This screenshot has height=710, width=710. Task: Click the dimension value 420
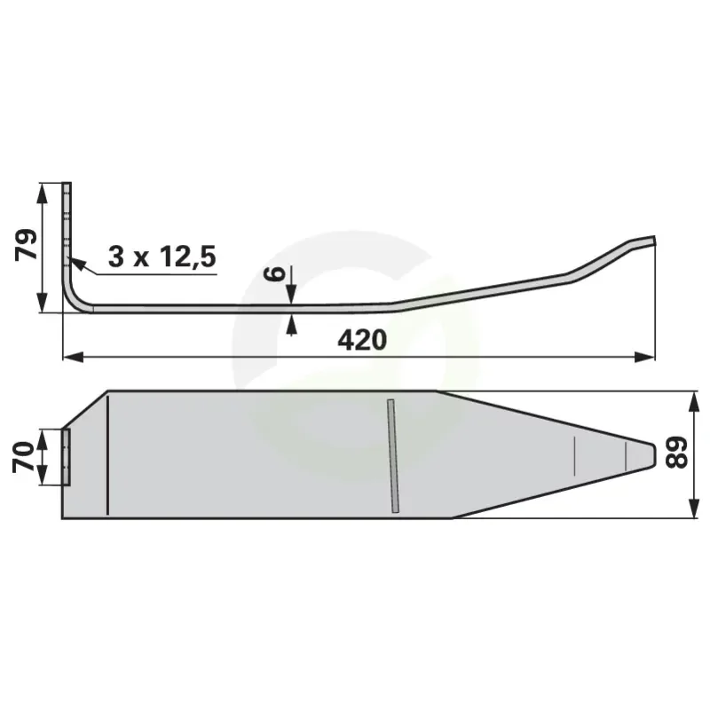tap(362, 340)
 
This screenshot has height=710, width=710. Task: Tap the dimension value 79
tap(27, 245)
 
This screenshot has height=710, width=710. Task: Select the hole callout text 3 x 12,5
tap(162, 256)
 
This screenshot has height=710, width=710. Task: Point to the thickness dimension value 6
tap(274, 274)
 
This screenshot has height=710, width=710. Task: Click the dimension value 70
tap(24, 457)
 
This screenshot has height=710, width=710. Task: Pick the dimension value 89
tap(676, 453)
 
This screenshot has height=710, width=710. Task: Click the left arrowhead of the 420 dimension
tap(73, 357)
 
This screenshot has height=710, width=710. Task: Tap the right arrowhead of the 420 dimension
tap(645, 357)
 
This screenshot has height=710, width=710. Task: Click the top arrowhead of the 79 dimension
tap(42, 193)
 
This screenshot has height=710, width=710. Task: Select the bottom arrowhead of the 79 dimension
tap(42, 302)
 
